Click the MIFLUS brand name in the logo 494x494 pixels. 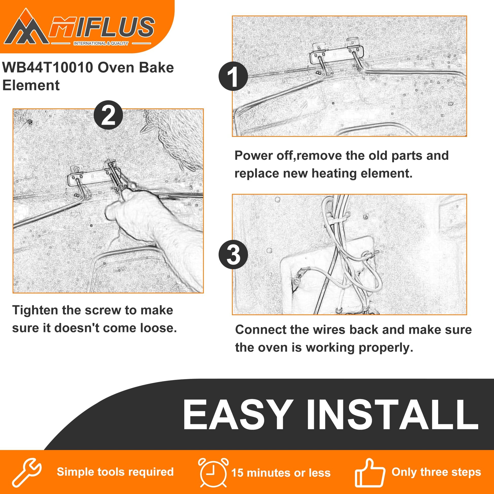[x=102, y=27]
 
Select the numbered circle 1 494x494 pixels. [x=233, y=76]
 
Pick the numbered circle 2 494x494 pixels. [x=108, y=115]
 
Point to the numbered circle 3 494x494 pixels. [x=233, y=254]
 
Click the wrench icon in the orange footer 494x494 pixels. [x=27, y=472]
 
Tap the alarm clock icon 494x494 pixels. [x=213, y=472]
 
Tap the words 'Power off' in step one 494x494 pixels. [x=263, y=156]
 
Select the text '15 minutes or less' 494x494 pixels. [x=281, y=473]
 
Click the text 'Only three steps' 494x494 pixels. [x=436, y=472]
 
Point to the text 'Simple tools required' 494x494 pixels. [x=115, y=472]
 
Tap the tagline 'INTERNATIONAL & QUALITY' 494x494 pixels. [x=101, y=43]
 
